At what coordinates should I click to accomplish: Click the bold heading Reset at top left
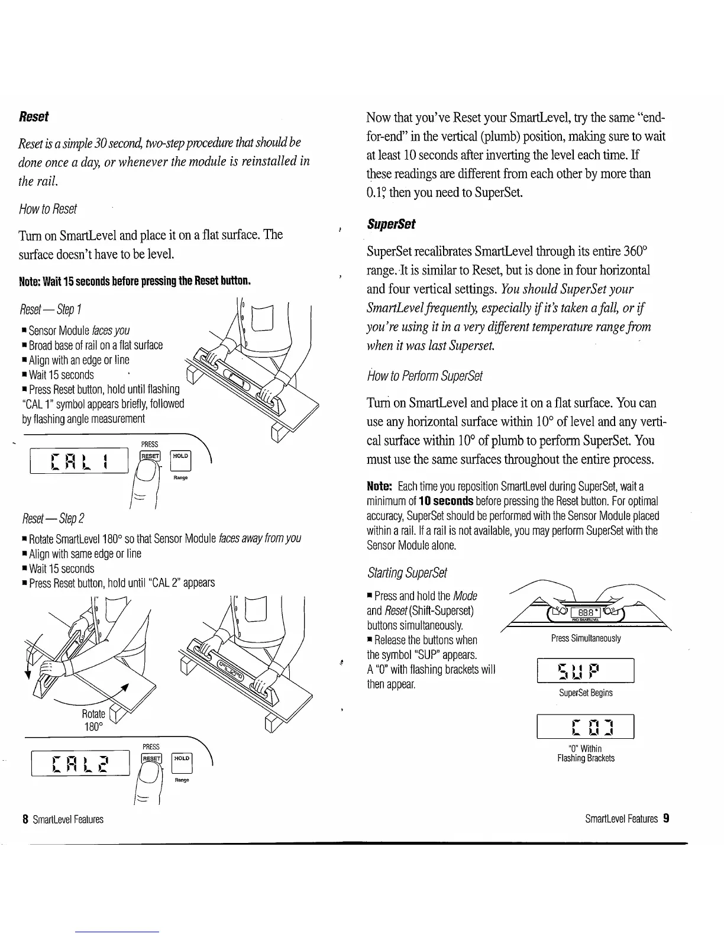(34, 117)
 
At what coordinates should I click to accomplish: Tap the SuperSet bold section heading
(391, 224)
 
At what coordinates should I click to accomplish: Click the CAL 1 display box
(79, 460)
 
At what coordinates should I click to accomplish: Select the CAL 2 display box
(79, 763)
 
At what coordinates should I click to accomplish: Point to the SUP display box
(585, 671)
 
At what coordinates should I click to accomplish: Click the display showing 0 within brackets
(585, 727)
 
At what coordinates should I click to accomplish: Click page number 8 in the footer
(25, 819)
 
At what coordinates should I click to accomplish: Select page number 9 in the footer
(666, 819)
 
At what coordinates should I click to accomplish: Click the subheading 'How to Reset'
(48, 209)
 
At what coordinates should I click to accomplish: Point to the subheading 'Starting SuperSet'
(407, 573)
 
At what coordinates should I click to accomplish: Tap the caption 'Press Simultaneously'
(585, 638)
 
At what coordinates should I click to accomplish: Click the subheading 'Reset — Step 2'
(52, 519)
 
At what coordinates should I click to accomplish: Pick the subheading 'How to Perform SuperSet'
(425, 376)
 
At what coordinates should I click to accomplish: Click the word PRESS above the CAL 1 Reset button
(149, 444)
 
